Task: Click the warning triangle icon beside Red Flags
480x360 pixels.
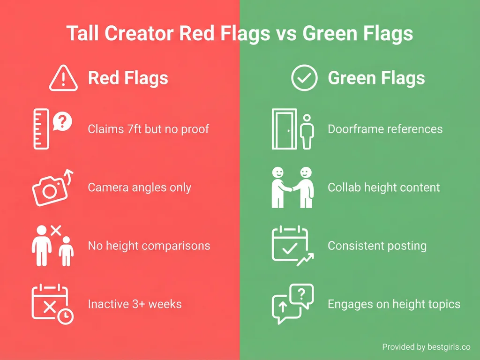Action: [63, 78]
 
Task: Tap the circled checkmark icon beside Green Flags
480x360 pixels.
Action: [304, 78]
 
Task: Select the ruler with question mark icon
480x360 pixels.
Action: [52, 128]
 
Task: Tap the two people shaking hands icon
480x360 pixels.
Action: [292, 187]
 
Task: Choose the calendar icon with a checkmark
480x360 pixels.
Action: [292, 245]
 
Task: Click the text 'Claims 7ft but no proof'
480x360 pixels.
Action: [149, 129]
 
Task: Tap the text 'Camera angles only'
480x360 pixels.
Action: [140, 187]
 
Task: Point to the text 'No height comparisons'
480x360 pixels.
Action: [149, 246]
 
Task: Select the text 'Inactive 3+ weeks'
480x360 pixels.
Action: [135, 304]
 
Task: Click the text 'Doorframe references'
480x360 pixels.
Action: [385, 129]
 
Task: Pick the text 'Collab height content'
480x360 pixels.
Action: [384, 187]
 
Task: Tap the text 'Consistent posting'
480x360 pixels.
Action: [377, 246]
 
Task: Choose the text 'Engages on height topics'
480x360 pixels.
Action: [394, 304]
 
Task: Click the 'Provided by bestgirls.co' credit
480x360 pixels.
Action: [426, 347]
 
